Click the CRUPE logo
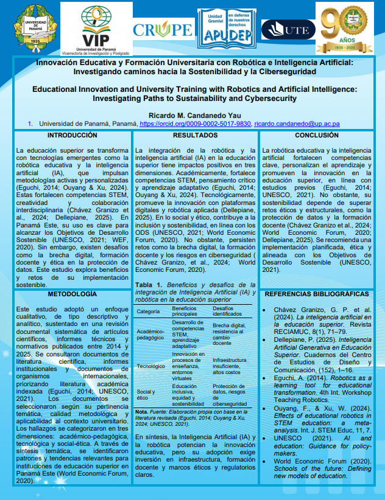tap(161, 29)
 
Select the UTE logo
tap(288, 29)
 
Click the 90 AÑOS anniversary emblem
tap(348, 28)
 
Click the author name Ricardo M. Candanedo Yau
tap(192, 116)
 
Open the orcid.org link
tap(204, 124)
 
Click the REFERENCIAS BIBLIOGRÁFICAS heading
tap(321, 294)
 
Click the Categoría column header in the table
tap(148, 311)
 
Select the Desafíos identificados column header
tap(226, 311)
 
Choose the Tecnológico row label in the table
tap(151, 366)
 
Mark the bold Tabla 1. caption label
tap(148, 285)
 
